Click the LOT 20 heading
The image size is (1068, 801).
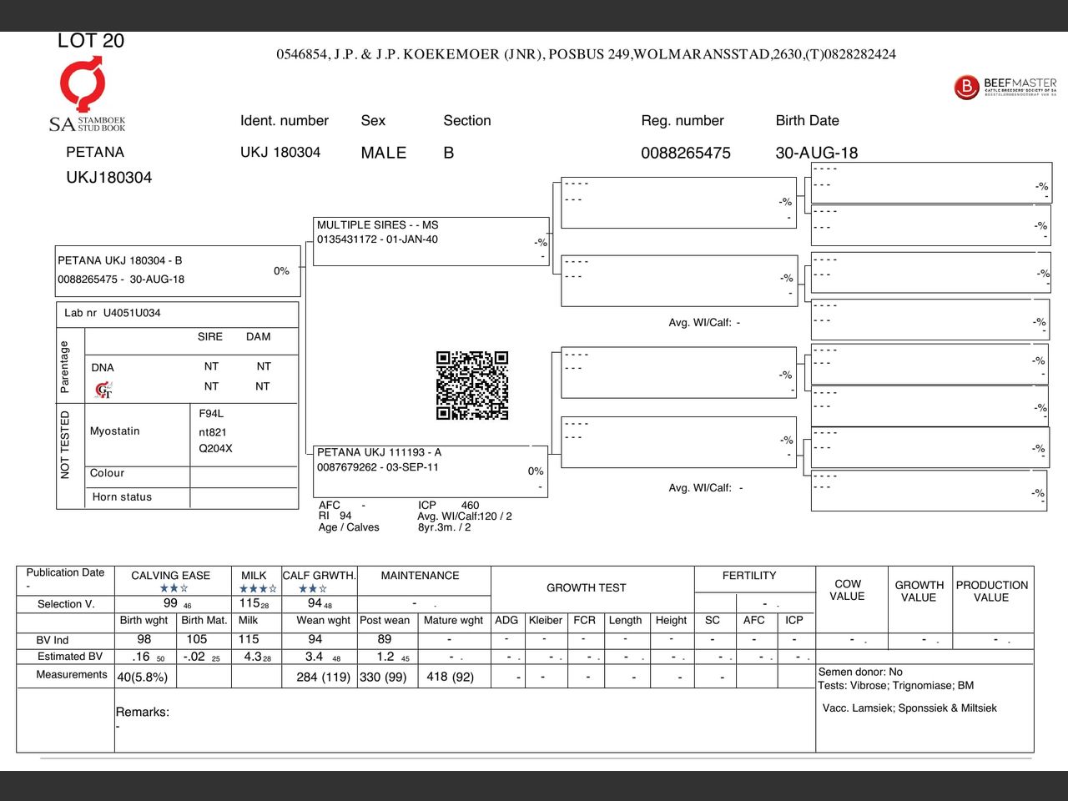tap(91, 41)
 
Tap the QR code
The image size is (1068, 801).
tap(472, 385)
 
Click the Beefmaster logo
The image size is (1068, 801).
tap(1005, 86)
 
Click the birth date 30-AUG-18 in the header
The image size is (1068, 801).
tap(816, 153)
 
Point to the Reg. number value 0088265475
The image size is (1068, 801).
tap(685, 153)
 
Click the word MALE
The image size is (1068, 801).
tap(384, 153)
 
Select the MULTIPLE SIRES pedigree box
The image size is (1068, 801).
tap(431, 241)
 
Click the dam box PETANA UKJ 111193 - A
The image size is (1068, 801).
tap(430, 471)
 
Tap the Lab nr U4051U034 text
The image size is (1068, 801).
tap(113, 313)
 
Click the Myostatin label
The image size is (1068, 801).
tap(115, 431)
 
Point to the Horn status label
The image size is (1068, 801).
tap(122, 497)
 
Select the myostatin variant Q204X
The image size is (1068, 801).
tap(215, 449)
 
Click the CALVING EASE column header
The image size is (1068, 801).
tap(170, 576)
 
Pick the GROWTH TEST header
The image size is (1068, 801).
tap(586, 588)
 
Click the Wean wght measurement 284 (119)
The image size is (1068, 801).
tap(323, 677)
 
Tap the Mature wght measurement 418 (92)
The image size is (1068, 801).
tap(450, 677)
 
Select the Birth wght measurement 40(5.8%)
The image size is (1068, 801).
tap(143, 677)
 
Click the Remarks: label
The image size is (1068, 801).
tap(142, 712)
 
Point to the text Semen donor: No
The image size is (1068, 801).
tap(860, 672)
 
